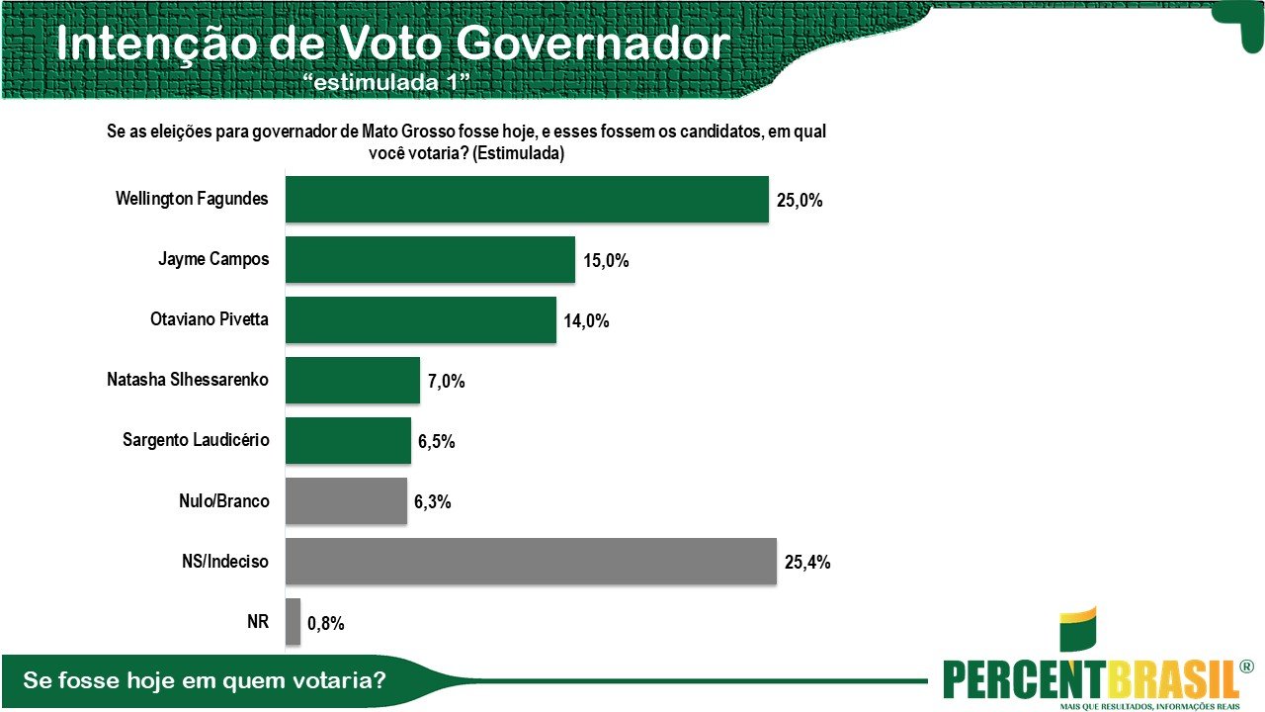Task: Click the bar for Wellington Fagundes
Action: [x=527, y=199]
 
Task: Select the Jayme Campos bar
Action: [x=430, y=260]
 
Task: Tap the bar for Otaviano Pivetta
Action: [x=421, y=319]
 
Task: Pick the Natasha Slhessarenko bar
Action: [x=353, y=381]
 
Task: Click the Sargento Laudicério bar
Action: [x=348, y=440]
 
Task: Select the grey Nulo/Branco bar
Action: [x=346, y=500]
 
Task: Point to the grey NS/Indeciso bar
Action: [x=531, y=561]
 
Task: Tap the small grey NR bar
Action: [x=293, y=622]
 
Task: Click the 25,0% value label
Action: [x=799, y=201]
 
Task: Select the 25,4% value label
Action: [x=806, y=563]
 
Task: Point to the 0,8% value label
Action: [x=327, y=623]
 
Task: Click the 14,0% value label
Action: [x=587, y=321]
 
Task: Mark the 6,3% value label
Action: [x=433, y=502]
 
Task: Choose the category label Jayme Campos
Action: [x=213, y=260]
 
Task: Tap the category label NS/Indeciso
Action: [x=218, y=562]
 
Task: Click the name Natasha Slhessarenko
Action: [x=188, y=380]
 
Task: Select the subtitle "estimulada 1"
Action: [x=388, y=83]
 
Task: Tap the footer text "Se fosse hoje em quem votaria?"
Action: [x=204, y=681]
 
